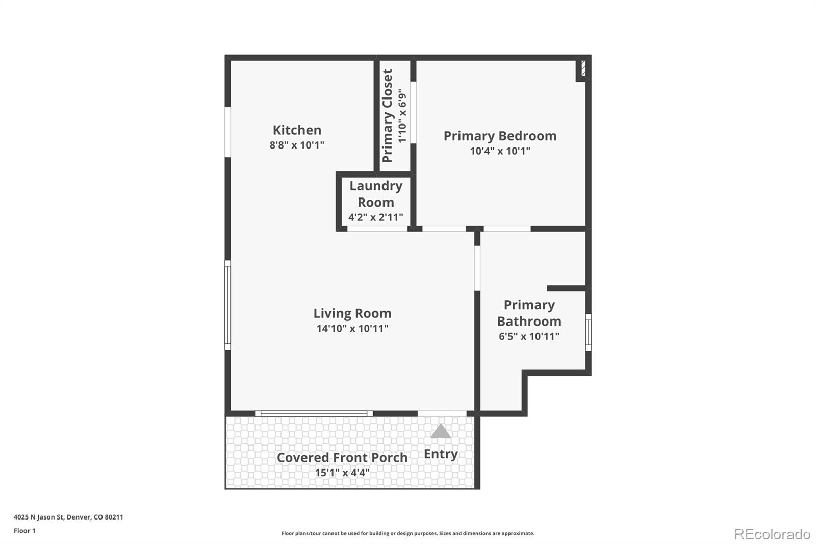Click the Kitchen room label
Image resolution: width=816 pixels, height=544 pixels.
(297, 130)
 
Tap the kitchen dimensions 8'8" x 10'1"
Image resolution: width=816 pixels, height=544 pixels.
(297, 145)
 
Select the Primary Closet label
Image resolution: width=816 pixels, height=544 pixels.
(388, 116)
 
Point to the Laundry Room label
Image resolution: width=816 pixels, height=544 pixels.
(376, 194)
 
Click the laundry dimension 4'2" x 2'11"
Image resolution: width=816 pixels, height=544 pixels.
(376, 217)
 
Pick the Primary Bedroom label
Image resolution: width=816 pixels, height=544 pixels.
(500, 136)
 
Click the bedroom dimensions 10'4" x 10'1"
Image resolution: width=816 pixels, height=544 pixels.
(500, 151)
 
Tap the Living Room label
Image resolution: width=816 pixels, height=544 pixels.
(352, 313)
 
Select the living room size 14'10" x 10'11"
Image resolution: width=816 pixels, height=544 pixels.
(352, 329)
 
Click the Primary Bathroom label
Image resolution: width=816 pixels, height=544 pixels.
(529, 313)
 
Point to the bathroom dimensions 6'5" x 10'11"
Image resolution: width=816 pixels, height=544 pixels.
(529, 336)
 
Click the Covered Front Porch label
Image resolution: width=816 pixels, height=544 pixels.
(342, 458)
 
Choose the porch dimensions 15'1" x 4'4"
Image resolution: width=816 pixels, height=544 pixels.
(342, 473)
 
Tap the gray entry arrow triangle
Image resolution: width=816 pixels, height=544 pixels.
(441, 432)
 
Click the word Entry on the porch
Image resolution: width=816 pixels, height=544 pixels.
(441, 454)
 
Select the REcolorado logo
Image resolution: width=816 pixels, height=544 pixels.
(772, 534)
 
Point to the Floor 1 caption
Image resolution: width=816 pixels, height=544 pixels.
(24, 531)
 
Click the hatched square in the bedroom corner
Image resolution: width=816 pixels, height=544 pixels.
(583, 68)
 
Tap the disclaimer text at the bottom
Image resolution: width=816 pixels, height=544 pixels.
(408, 533)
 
